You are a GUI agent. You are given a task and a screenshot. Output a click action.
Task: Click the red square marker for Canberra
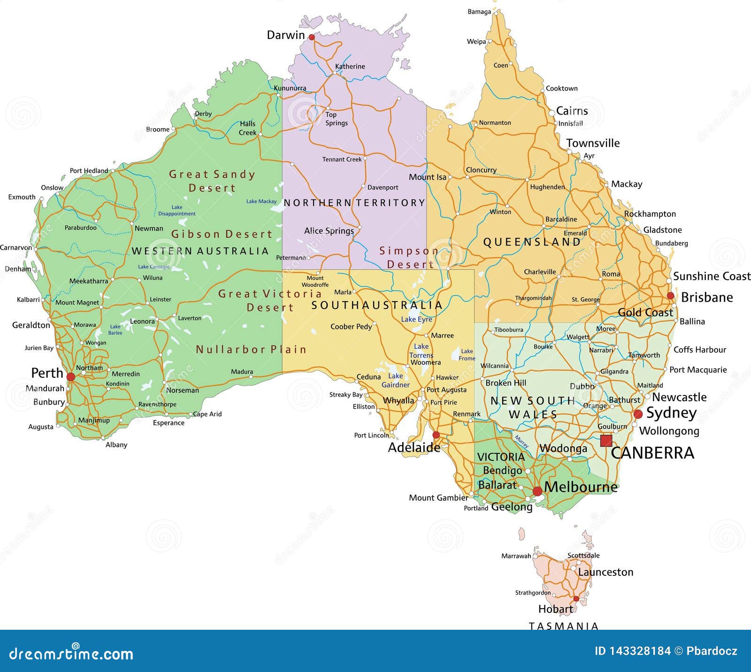[606, 440]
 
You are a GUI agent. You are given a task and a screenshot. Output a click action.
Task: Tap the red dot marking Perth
[71, 377]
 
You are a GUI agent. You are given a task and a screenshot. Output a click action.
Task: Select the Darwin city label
[286, 35]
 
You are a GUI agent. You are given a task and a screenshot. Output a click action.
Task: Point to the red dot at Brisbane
[671, 296]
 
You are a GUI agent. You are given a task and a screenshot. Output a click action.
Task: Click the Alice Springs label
[329, 231]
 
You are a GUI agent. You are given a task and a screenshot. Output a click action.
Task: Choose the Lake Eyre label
[416, 320]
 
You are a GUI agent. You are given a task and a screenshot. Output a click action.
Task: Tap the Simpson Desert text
[408, 258]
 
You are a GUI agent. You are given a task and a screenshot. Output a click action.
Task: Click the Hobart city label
[555, 609]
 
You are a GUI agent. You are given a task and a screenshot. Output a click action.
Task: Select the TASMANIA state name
[564, 626]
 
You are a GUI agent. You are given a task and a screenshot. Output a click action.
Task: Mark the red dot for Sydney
[638, 414]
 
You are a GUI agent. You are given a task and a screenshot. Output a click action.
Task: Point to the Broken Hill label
[506, 383]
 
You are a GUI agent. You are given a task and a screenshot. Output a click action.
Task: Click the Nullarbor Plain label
[251, 350]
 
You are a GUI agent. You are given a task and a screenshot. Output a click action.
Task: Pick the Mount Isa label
[427, 177]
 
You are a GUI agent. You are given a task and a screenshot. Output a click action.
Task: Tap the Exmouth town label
[22, 197]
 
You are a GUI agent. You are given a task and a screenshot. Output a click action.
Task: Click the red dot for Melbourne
[537, 491]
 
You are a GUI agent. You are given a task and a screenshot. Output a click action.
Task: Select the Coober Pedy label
[351, 327]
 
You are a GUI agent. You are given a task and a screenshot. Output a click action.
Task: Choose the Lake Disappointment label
[177, 210]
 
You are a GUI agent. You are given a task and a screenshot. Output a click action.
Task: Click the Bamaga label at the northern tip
[479, 12]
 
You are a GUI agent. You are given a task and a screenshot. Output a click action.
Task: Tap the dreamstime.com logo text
[71, 653]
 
